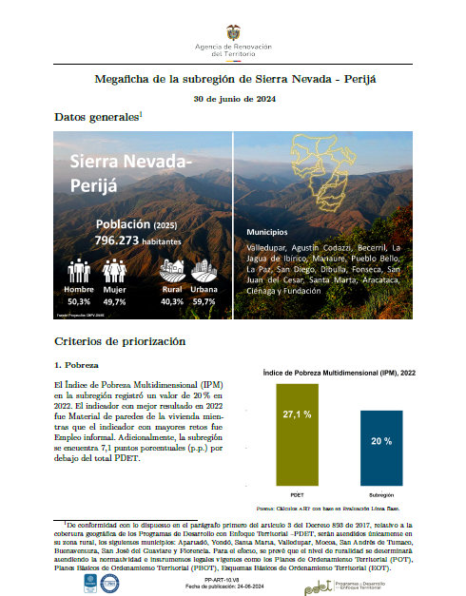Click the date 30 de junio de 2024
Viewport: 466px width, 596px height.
coord(233,99)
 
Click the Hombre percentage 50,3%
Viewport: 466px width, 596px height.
coord(79,299)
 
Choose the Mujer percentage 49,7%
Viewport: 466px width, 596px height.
coord(114,299)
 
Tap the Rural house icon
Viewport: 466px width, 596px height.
coord(172,270)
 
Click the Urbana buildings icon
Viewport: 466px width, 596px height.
coord(204,270)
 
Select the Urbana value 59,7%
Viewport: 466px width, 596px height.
coord(204,299)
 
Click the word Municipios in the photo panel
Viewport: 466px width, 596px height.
coord(268,231)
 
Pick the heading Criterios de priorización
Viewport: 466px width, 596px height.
coord(120,341)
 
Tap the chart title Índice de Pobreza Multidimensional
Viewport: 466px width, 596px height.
coord(339,372)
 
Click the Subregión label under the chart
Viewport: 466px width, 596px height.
coord(381,497)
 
